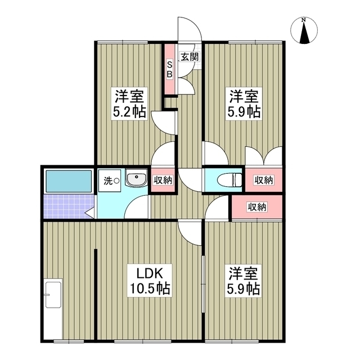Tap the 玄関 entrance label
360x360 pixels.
(x=190, y=56)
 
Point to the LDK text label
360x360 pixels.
(x=151, y=274)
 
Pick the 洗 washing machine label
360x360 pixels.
(x=108, y=181)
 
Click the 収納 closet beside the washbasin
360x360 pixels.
(x=163, y=180)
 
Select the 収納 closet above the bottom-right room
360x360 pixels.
(x=256, y=207)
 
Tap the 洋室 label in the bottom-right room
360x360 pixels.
(x=244, y=274)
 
